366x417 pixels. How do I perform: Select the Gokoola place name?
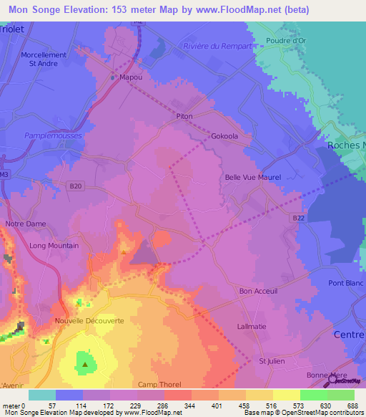[224, 135]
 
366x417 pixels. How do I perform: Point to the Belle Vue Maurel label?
[253, 177]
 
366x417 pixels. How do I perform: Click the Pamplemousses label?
[53, 135]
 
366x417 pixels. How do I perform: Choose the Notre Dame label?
[26, 224]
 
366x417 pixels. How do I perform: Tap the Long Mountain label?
[54, 245]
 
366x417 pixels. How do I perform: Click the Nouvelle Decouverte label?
[89, 321]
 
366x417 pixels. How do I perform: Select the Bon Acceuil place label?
[258, 291]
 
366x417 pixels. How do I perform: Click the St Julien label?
[271, 360]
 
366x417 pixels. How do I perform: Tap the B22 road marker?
[299, 218]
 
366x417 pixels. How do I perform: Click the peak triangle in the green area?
[85, 364]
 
